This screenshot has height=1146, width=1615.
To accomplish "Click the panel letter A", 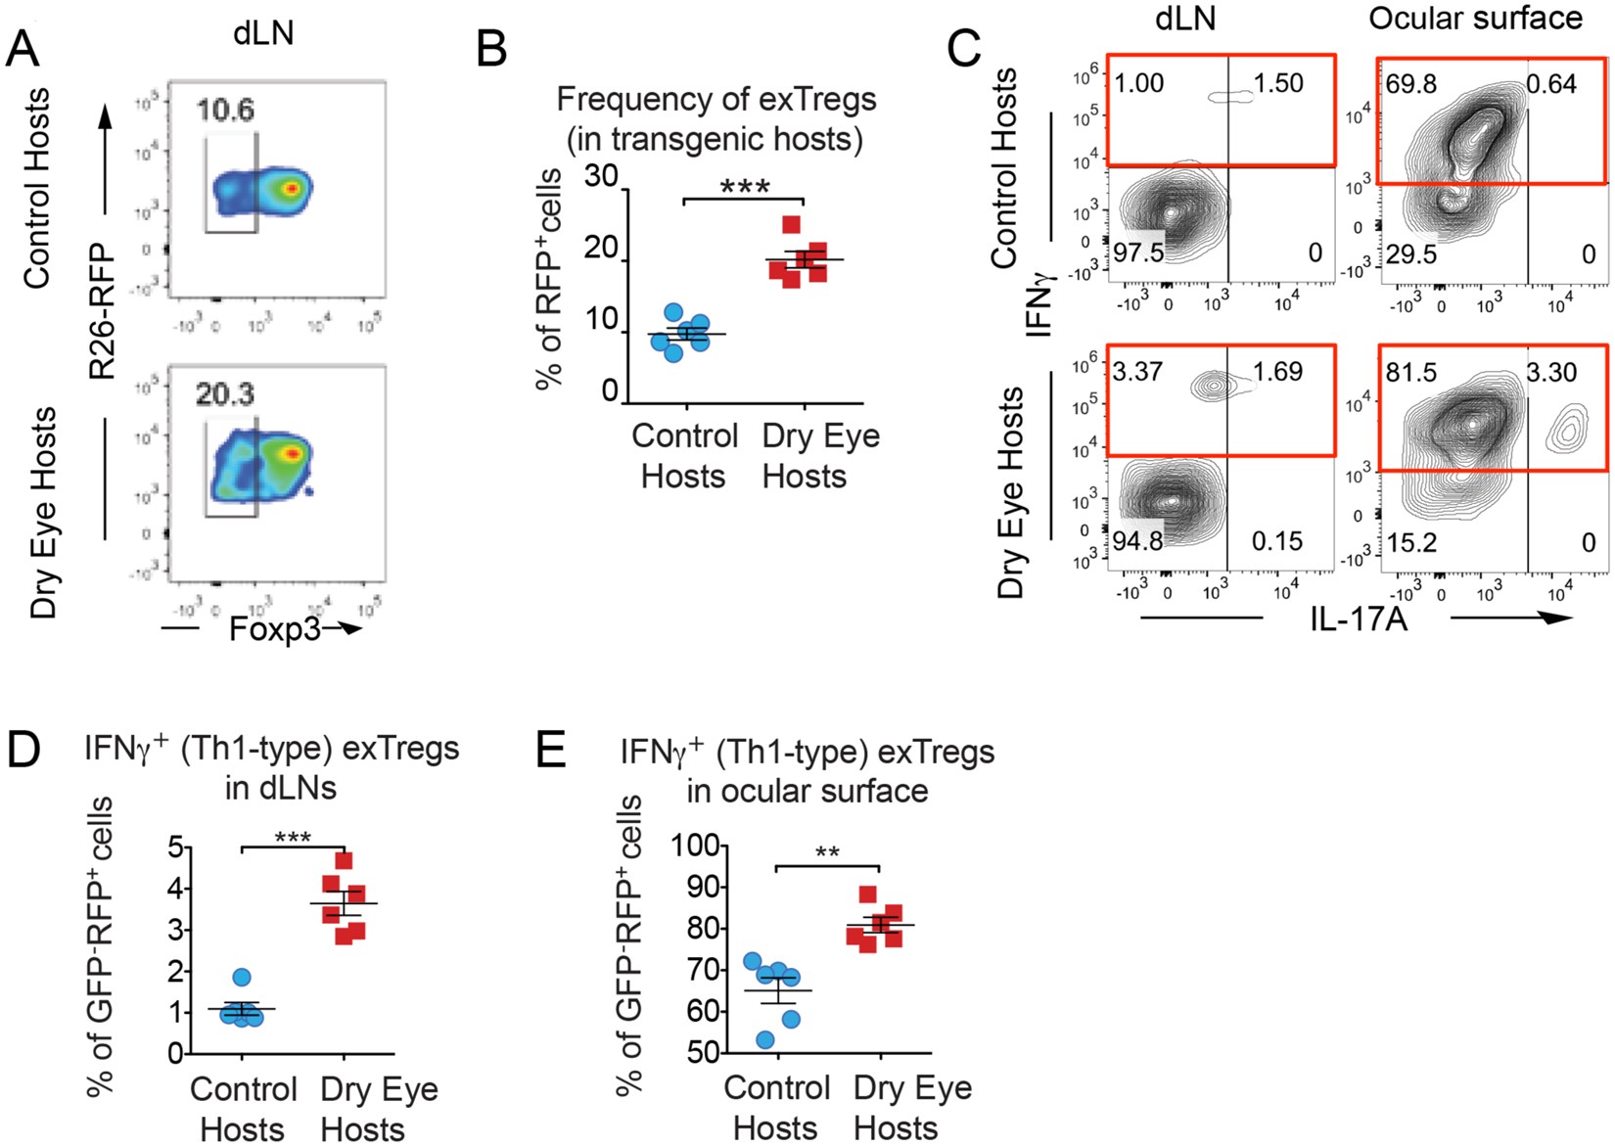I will (x=23, y=47).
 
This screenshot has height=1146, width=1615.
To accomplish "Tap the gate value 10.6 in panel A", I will (x=225, y=110).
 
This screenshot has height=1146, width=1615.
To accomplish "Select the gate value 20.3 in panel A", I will (x=225, y=393).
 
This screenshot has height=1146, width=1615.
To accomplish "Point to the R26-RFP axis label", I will (x=102, y=311).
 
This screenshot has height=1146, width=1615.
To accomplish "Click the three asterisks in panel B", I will (x=744, y=186).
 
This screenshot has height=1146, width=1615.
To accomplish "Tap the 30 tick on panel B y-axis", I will (x=601, y=177).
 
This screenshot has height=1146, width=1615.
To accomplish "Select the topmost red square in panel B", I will (x=792, y=224).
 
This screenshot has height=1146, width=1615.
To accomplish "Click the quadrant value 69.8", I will (x=1410, y=84).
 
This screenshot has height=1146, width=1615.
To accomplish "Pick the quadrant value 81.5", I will (x=1410, y=373).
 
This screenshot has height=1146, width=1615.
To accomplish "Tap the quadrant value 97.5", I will (x=1138, y=252).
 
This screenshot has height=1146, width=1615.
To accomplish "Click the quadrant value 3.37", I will (x=1138, y=373).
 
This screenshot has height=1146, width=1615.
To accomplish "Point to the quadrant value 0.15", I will (x=1277, y=541).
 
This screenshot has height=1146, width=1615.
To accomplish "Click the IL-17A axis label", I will (x=1359, y=619).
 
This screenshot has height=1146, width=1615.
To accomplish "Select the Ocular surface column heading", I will (x=1475, y=18).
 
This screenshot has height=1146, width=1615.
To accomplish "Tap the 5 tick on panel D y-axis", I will (x=176, y=848).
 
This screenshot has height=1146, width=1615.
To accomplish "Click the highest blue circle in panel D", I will (x=242, y=977).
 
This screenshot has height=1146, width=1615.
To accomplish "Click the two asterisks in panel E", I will (x=827, y=852).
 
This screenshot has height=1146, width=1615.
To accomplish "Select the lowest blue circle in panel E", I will (x=765, y=1039).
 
